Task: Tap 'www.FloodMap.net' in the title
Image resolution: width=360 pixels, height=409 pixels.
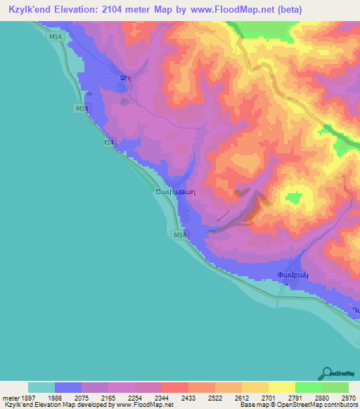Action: pos(230,9)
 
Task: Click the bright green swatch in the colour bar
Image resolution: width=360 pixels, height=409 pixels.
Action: pos(309,387)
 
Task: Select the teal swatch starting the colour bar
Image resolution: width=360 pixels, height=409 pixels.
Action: pos(41,387)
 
